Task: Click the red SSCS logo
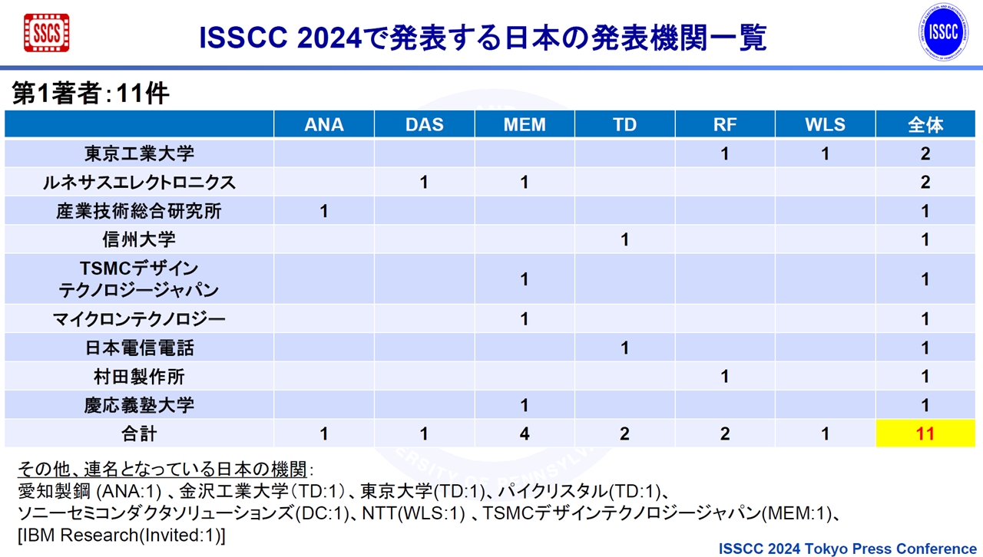click(47, 33)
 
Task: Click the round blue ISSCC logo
click(944, 32)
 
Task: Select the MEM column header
click(525, 124)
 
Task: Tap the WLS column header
click(825, 124)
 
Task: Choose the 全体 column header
click(925, 124)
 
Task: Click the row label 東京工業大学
click(139, 153)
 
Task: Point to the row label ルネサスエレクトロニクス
click(139, 182)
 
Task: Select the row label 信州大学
click(139, 239)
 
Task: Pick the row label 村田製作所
click(139, 376)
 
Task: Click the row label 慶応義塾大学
click(139, 405)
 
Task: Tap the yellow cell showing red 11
click(925, 433)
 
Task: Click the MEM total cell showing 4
click(525, 433)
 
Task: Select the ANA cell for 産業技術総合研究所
click(324, 211)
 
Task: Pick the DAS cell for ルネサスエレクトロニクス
click(424, 182)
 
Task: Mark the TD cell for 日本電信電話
click(624, 348)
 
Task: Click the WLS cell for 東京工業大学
click(825, 153)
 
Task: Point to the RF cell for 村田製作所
click(725, 376)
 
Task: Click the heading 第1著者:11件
click(91, 93)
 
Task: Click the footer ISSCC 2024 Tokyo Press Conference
click(847, 549)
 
